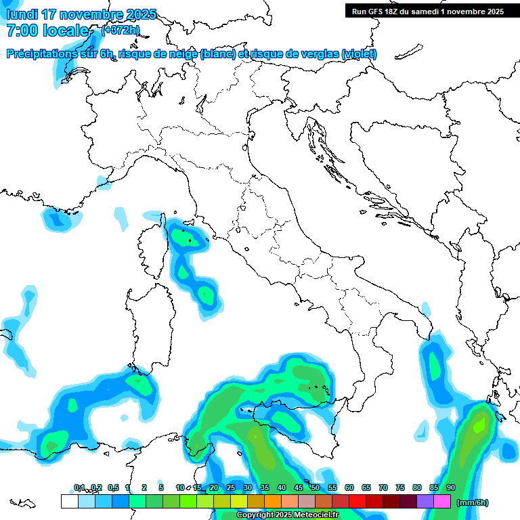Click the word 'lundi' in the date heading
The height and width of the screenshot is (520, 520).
[x=22, y=14]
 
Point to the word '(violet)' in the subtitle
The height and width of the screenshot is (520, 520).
[x=360, y=54]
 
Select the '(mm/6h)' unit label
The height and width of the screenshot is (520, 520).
[x=473, y=502]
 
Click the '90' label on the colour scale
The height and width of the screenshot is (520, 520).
[x=451, y=487]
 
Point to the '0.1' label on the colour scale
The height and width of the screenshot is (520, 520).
[x=79, y=487]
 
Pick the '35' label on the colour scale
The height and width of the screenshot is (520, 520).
[x=265, y=487]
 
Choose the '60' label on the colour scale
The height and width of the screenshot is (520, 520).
[x=349, y=487]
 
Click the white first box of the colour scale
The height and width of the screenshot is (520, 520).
[x=69, y=502]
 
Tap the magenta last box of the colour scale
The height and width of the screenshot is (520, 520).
[x=442, y=502]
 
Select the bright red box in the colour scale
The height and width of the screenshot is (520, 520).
[x=357, y=502]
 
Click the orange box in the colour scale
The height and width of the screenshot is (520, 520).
[x=273, y=502]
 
